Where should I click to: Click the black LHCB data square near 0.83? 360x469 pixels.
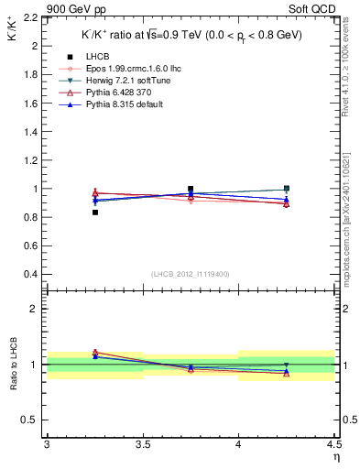click(x=94, y=213)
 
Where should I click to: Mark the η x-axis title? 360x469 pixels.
click(x=336, y=455)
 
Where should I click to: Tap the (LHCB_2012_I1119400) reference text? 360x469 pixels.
click(x=190, y=274)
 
